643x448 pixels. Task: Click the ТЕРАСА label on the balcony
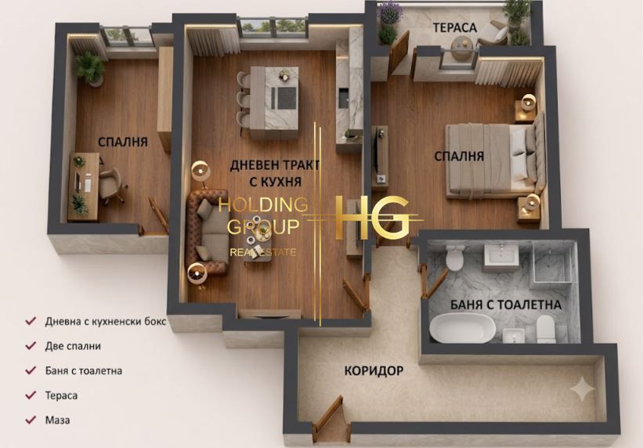click(x=455, y=28)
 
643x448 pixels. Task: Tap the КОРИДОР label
click(x=374, y=371)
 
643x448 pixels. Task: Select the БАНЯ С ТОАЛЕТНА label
click(x=506, y=305)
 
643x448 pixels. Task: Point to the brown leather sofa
click(x=206, y=232)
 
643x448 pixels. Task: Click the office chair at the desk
click(x=111, y=185)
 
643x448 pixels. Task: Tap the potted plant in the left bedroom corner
click(x=89, y=68)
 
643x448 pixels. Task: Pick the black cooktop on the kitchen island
click(x=287, y=99)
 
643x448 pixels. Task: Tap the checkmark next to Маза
click(x=31, y=420)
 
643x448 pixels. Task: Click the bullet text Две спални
click(x=73, y=346)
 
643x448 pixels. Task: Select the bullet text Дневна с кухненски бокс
click(x=106, y=321)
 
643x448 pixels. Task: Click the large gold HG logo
click(x=371, y=218)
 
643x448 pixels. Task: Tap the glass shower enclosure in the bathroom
click(x=552, y=262)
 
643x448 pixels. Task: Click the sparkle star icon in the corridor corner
click(x=582, y=388)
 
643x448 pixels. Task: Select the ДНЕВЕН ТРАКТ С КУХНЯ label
click(x=275, y=173)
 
